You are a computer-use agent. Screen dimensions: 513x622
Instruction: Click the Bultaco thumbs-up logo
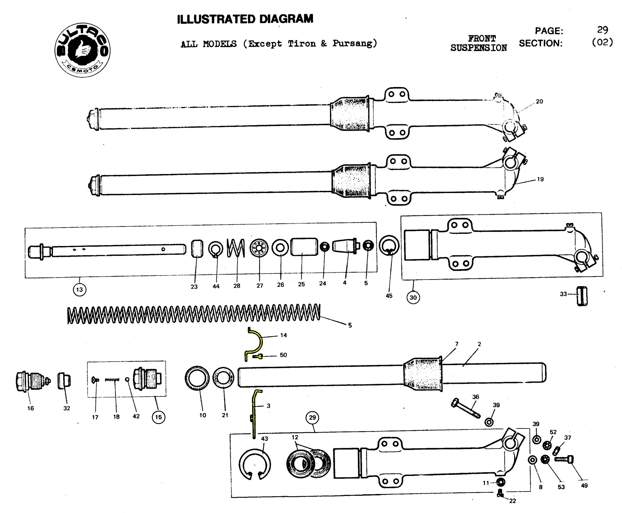pyautogui.click(x=82, y=50)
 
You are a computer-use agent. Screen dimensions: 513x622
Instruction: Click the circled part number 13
pyautogui.click(x=79, y=289)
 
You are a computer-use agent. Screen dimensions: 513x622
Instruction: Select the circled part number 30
pyautogui.click(x=413, y=297)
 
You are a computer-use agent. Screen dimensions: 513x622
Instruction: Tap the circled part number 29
pyautogui.click(x=312, y=417)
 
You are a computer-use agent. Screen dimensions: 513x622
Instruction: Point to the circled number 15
pyautogui.click(x=158, y=417)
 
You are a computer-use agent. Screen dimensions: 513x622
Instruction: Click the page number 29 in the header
pyautogui.click(x=602, y=30)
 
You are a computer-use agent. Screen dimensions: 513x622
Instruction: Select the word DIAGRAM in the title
pyautogui.click(x=286, y=19)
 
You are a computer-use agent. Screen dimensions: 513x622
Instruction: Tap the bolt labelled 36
pyautogui.click(x=465, y=408)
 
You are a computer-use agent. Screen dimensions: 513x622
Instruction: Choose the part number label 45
pyautogui.click(x=389, y=296)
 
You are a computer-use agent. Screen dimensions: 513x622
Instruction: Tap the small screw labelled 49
pyautogui.click(x=564, y=459)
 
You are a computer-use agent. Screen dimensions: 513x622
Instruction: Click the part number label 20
pyautogui.click(x=539, y=101)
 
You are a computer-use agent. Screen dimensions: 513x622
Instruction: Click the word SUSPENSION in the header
pyautogui.click(x=478, y=48)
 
